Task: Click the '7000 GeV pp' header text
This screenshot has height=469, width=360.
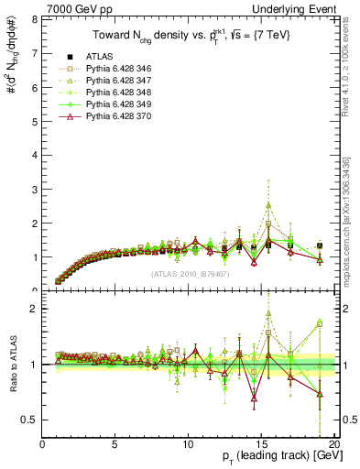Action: [72, 8]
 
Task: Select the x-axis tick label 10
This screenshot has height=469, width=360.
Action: [187, 445]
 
